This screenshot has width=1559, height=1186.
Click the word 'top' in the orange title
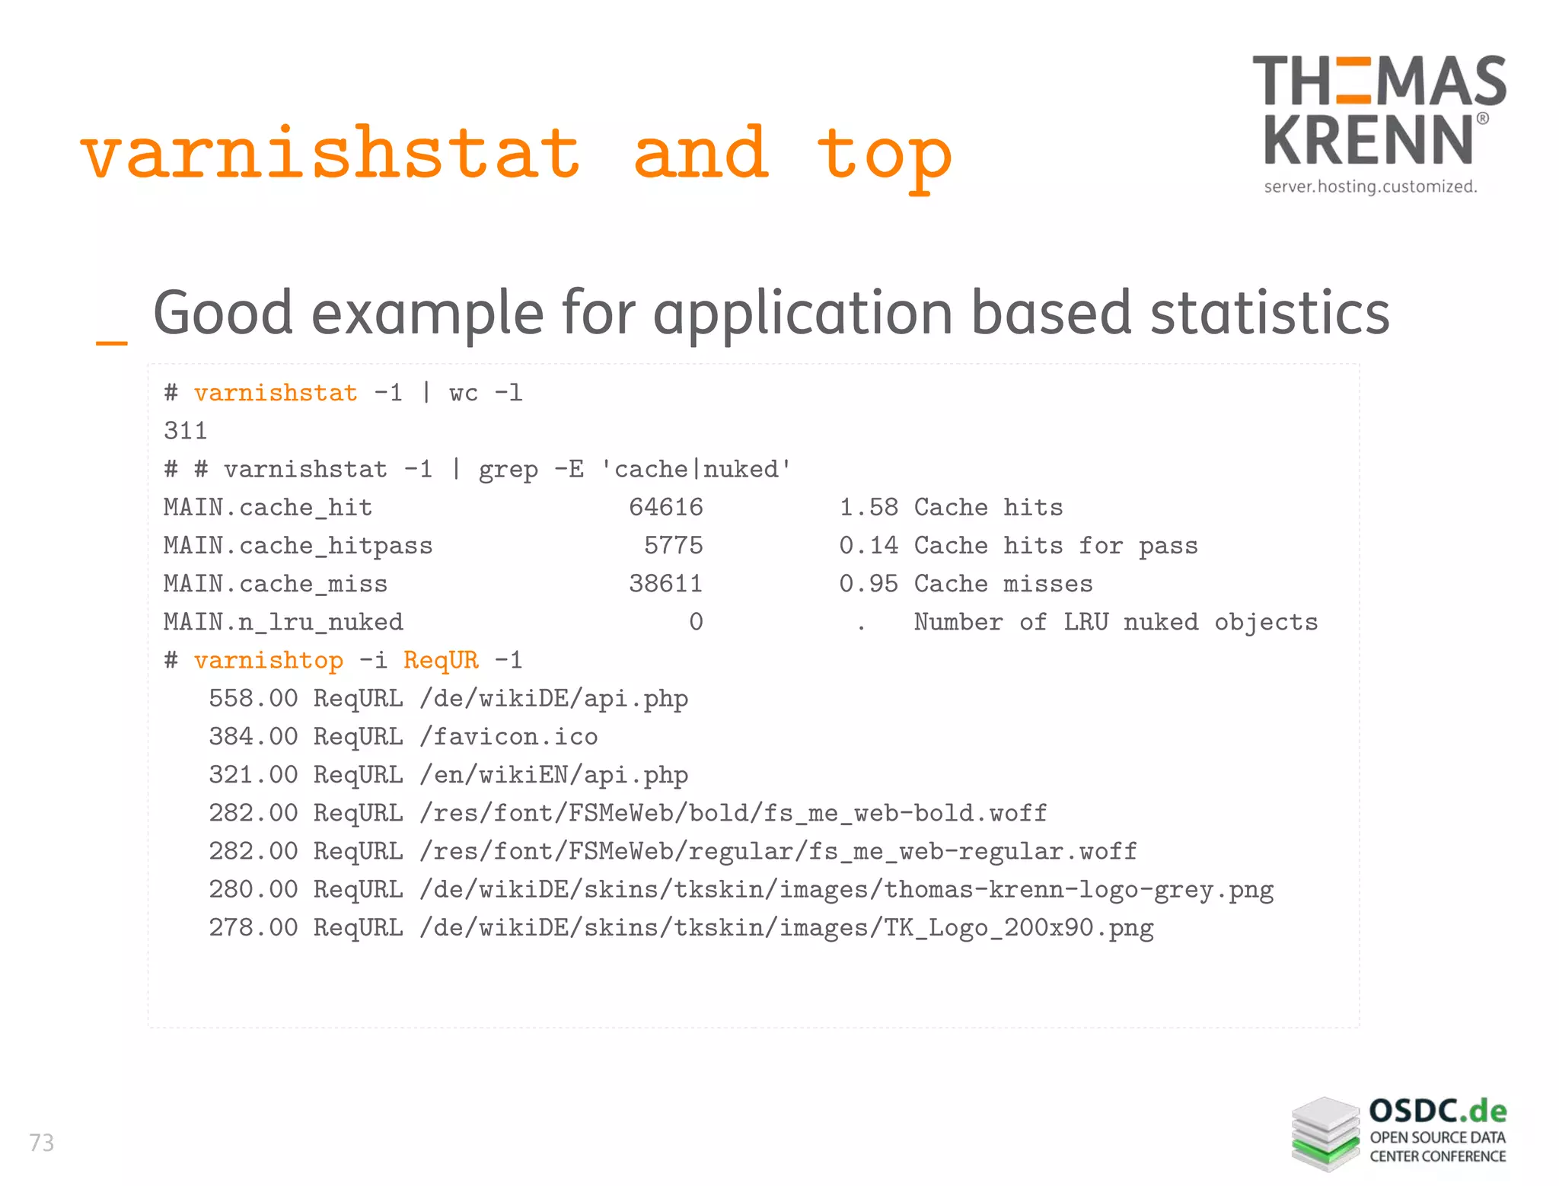pyautogui.click(x=884, y=155)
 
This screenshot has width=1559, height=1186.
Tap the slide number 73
pyautogui.click(x=42, y=1143)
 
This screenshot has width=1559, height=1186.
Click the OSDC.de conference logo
pyautogui.click(x=1398, y=1133)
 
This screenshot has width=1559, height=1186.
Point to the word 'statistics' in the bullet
pyautogui.click(x=1270, y=313)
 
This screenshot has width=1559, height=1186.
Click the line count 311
pyautogui.click(x=185, y=431)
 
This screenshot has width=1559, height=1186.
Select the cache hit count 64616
pyautogui.click(x=665, y=508)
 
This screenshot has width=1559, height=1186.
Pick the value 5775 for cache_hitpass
pyautogui.click(x=673, y=546)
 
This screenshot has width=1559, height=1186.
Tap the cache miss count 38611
pyautogui.click(x=665, y=584)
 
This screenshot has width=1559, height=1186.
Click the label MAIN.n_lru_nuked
pyautogui.click(x=283, y=623)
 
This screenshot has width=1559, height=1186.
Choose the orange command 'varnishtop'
pyautogui.click(x=268, y=660)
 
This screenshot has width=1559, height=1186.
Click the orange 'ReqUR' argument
pyautogui.click(x=441, y=660)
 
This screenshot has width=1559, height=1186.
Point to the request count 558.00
pyautogui.click(x=253, y=699)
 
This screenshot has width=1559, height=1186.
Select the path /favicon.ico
pyautogui.click(x=508, y=737)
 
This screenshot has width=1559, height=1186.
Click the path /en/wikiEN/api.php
pyautogui.click(x=553, y=775)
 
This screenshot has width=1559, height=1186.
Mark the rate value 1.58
pyautogui.click(x=869, y=508)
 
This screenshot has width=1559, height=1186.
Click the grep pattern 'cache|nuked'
pyautogui.click(x=696, y=470)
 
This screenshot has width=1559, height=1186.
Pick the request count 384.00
pyautogui.click(x=253, y=737)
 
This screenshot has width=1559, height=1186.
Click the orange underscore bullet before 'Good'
pyautogui.click(x=111, y=343)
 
